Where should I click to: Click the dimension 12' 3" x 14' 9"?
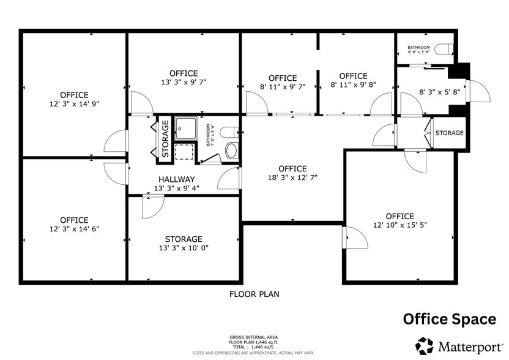[x=74, y=104]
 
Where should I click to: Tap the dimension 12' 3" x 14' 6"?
[x=74, y=229]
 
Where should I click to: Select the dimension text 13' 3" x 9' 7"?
[x=184, y=83]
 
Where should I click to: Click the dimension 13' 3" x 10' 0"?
[x=184, y=249]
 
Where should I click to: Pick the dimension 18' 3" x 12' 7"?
[x=292, y=178]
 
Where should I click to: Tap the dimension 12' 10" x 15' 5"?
[x=399, y=226]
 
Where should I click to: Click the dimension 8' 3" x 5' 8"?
[x=439, y=92]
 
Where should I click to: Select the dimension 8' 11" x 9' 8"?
[x=353, y=86]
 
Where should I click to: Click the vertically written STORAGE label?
[x=165, y=139]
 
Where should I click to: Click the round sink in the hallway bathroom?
[x=231, y=151]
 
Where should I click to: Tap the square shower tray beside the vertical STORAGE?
[x=185, y=127]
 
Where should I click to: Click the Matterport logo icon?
[x=425, y=345]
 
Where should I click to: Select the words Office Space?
[x=449, y=319]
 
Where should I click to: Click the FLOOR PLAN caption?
[x=254, y=294]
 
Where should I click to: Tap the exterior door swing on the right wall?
[x=478, y=91]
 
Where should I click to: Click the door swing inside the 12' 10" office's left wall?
[x=355, y=237]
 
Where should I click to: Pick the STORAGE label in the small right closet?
[x=450, y=133]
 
